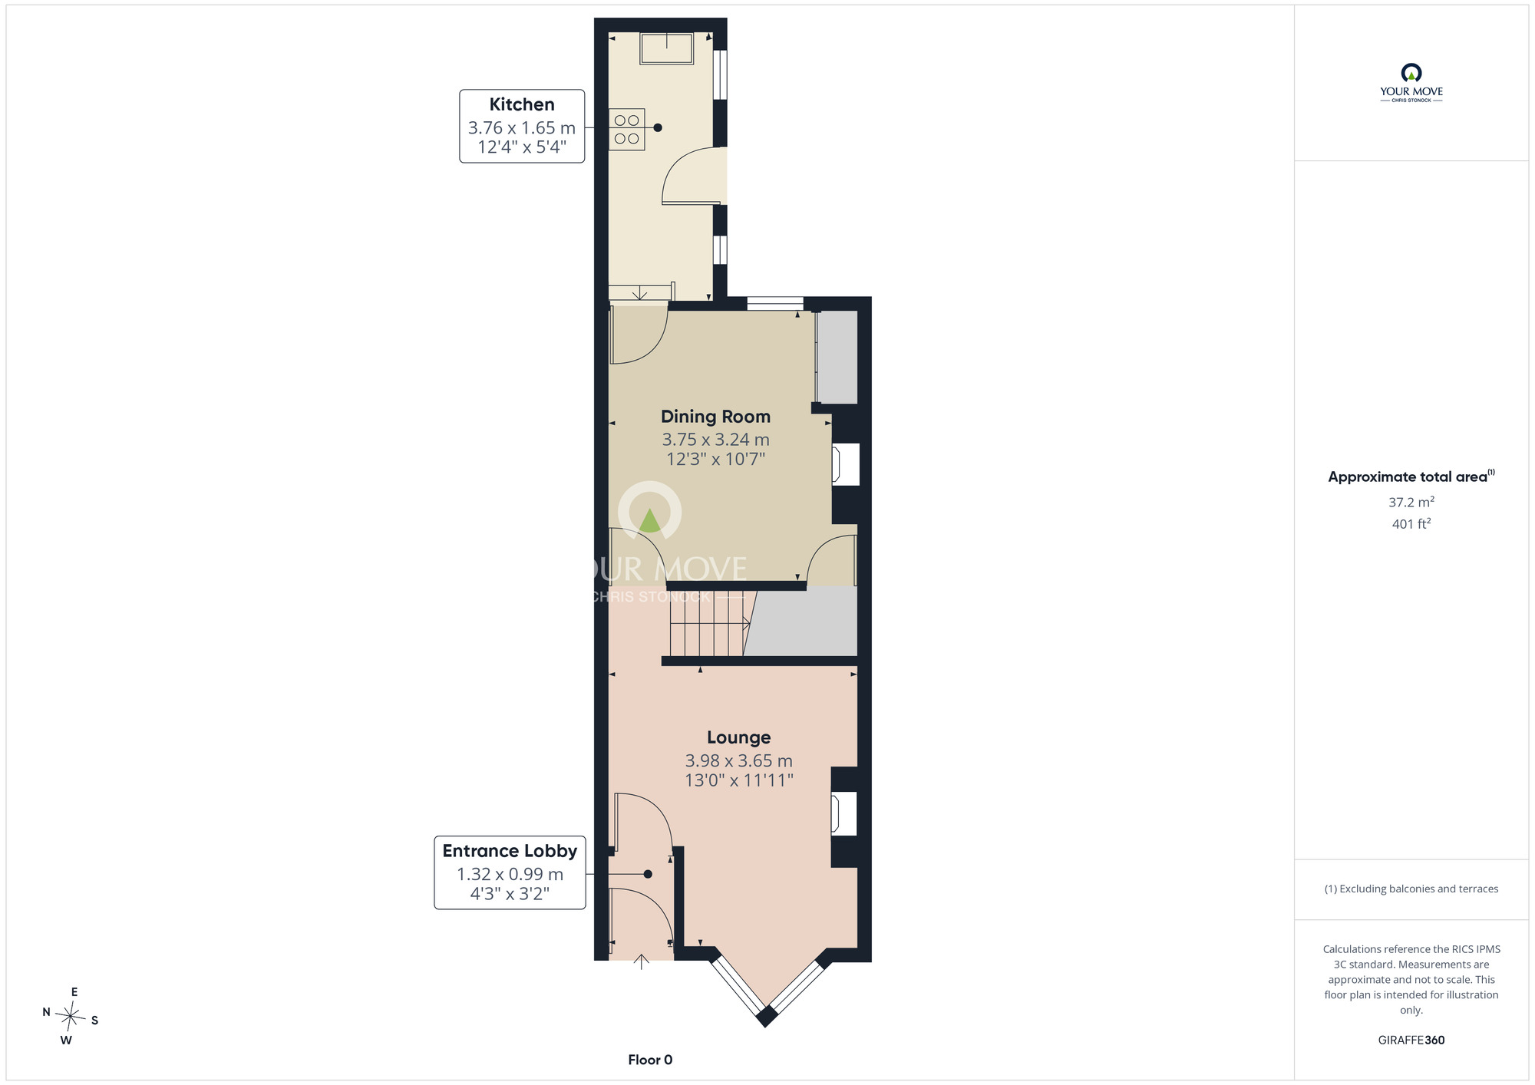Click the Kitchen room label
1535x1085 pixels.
tap(522, 104)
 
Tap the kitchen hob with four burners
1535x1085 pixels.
tap(626, 130)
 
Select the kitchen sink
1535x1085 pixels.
tap(667, 48)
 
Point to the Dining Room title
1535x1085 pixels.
tap(715, 417)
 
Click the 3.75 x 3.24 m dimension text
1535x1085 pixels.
tap(715, 440)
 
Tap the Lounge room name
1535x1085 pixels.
tap(738, 737)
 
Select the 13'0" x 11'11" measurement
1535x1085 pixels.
tap(739, 780)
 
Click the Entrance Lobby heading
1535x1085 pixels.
tap(510, 851)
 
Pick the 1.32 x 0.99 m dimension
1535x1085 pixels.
tap(510, 874)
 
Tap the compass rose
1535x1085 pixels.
tap(70, 1017)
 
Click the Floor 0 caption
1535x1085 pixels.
tap(650, 1060)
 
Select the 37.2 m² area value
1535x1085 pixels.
tap(1411, 502)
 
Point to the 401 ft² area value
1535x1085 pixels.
tap(1411, 523)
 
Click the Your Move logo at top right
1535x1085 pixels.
tap(1411, 83)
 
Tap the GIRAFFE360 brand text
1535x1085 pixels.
tap(1411, 1040)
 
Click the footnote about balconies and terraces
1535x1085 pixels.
tap(1411, 889)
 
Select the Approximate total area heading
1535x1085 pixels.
tap(1411, 477)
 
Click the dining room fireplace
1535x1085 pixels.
tap(846, 464)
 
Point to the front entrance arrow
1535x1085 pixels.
tap(641, 962)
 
